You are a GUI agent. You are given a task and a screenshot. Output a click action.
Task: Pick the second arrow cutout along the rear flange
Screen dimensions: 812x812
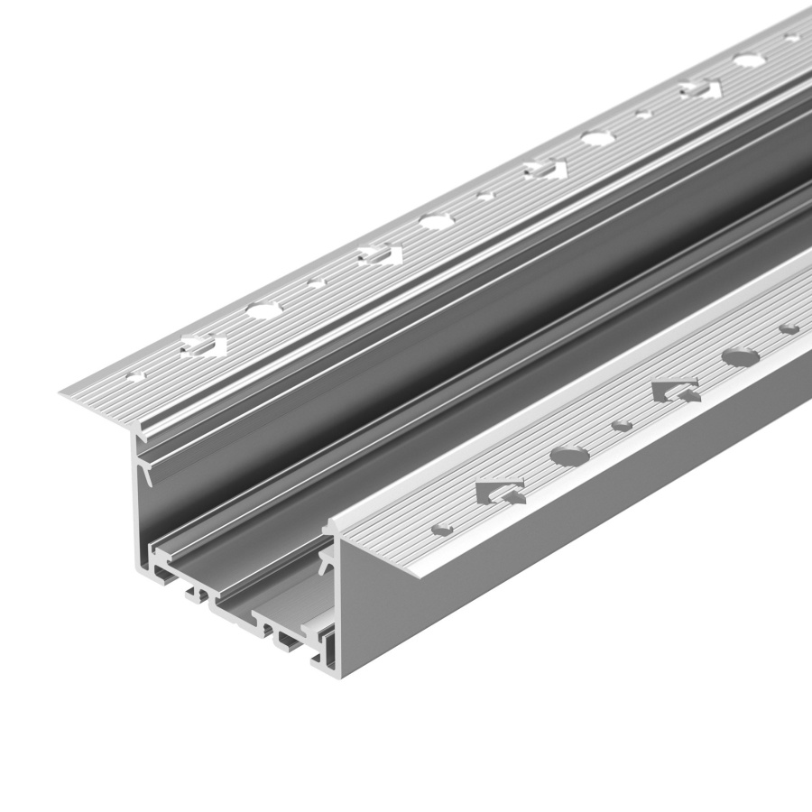click(377, 254)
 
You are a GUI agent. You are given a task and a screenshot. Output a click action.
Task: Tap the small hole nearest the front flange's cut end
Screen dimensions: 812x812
click(442, 528)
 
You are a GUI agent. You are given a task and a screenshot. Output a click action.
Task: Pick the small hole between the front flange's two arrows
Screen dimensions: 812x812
click(622, 425)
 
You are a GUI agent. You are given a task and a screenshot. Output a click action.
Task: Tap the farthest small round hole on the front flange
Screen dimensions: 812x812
click(789, 328)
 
